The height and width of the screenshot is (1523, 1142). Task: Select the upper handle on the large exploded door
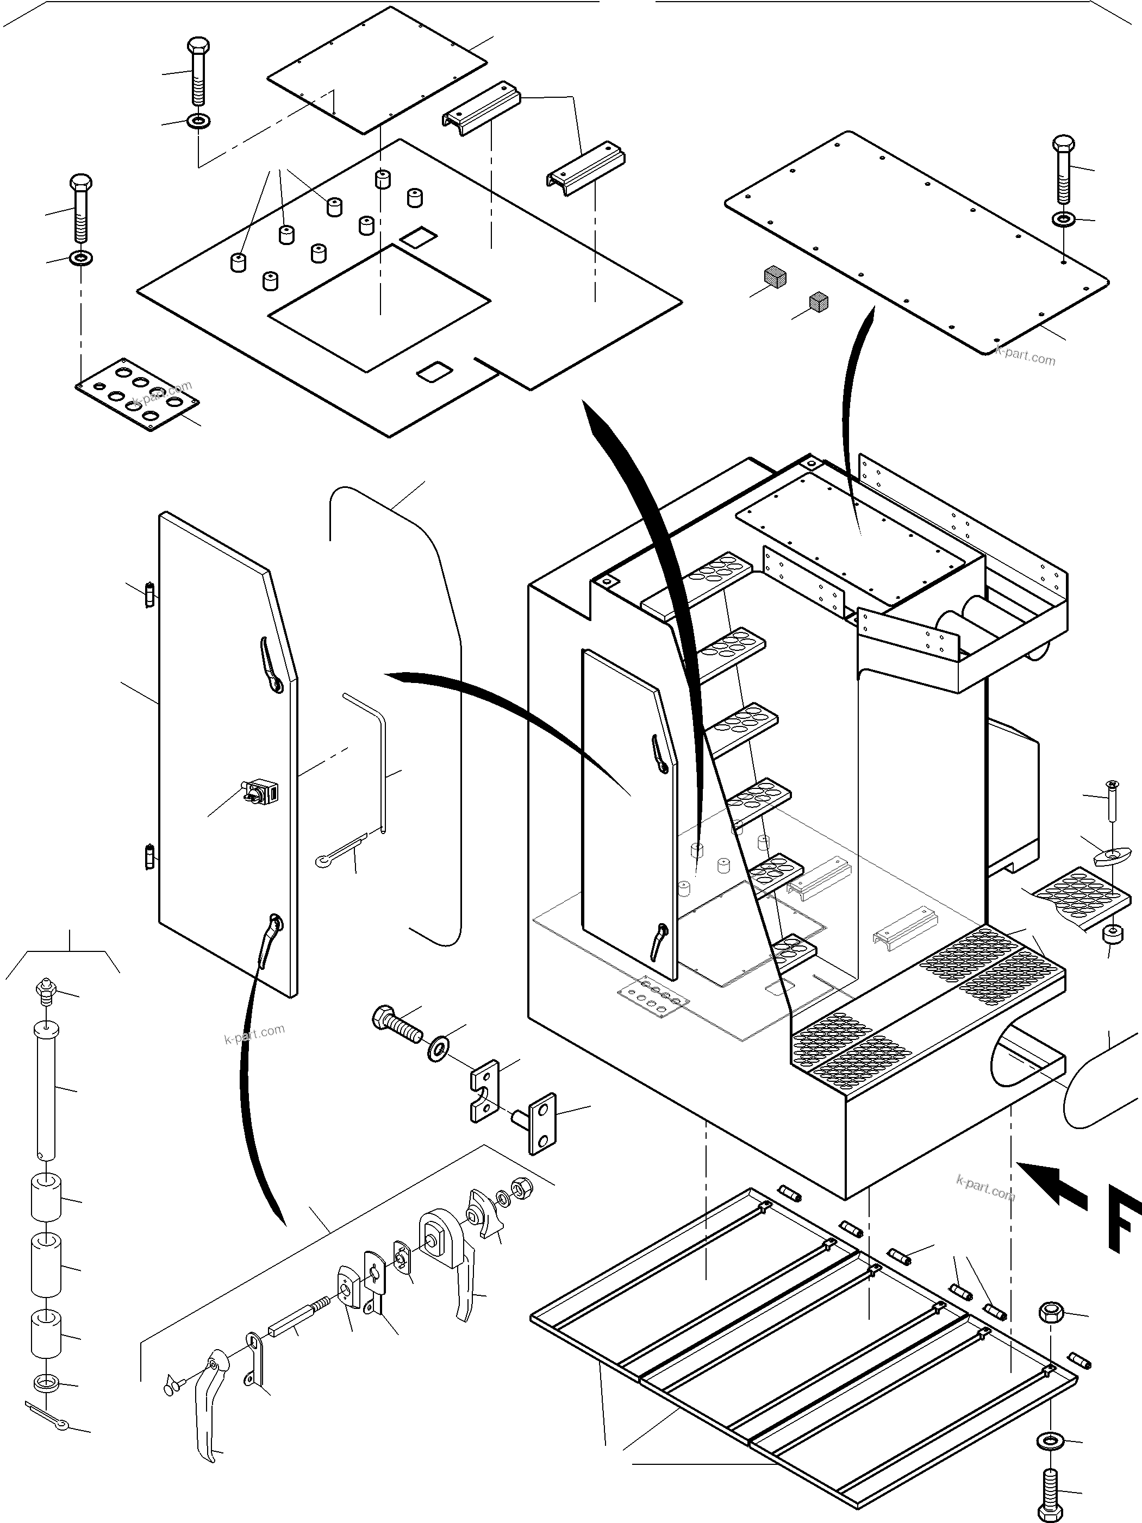point(270,665)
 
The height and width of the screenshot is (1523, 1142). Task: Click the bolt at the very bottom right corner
point(1051,1487)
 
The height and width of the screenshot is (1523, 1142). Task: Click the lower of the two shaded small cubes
point(819,301)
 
